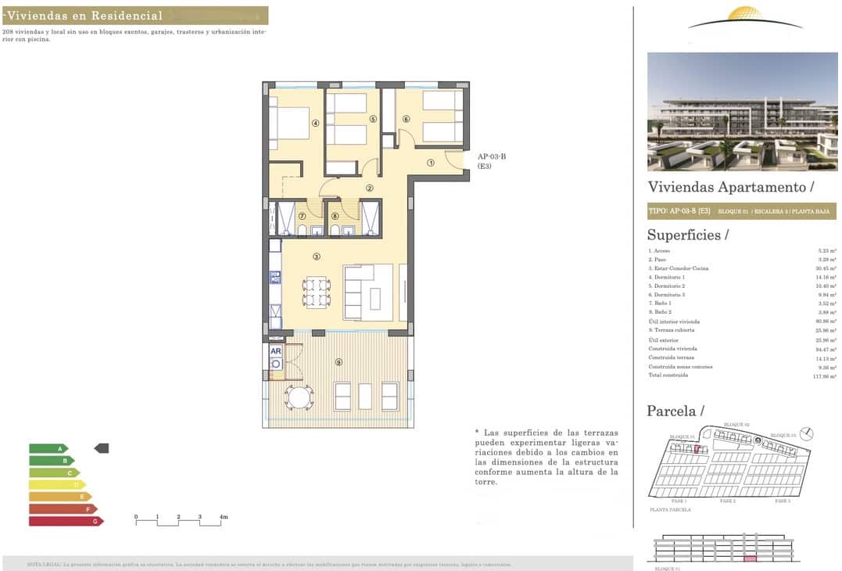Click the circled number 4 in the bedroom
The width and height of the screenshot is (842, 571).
pyautogui.click(x=315, y=123)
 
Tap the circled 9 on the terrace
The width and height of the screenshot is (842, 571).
pyautogui.click(x=338, y=361)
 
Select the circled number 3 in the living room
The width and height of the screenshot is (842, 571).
pyautogui.click(x=316, y=256)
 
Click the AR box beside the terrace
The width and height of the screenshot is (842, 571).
pyautogui.click(x=275, y=351)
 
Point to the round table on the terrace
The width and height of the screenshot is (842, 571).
pyautogui.click(x=299, y=397)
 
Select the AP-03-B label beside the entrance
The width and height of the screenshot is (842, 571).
pyautogui.click(x=492, y=156)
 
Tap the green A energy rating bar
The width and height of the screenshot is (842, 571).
pyautogui.click(x=47, y=448)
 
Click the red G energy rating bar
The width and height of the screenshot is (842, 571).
pyautogui.click(x=65, y=521)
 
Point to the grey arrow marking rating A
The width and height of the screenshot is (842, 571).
pyautogui.click(x=102, y=448)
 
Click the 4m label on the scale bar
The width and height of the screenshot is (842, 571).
pyautogui.click(x=224, y=518)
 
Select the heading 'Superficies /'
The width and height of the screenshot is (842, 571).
pyautogui.click(x=688, y=235)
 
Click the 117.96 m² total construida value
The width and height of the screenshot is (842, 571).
pyautogui.click(x=824, y=375)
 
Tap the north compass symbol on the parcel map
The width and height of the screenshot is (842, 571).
pyautogui.click(x=808, y=433)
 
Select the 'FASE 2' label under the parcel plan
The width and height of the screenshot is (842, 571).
pyautogui.click(x=727, y=501)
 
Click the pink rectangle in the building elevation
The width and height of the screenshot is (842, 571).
pyautogui.click(x=750, y=558)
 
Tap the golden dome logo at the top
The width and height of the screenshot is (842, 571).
pyautogui.click(x=745, y=15)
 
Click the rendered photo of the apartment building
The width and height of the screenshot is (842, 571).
pyautogui.click(x=742, y=112)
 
